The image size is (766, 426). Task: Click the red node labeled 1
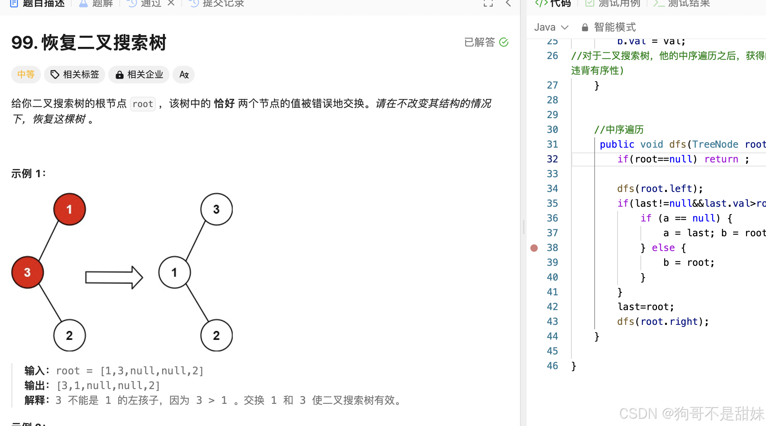coord(69,209)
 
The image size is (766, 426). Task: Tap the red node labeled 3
coord(27,272)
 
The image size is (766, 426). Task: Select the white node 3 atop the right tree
coord(216,209)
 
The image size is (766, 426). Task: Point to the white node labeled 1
coord(174,272)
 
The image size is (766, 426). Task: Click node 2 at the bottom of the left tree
coord(69,335)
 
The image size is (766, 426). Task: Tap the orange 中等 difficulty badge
coord(26,75)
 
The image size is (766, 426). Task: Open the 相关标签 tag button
coord(75,75)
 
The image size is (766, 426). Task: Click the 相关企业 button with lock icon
coord(139,75)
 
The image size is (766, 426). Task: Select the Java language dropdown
coord(551,27)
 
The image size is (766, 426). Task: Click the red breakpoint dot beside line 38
coord(534,248)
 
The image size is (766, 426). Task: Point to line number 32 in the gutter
coord(552,159)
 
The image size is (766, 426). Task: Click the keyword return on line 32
coord(721,159)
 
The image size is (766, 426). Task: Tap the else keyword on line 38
coord(663,248)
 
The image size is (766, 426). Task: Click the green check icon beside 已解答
coord(504,42)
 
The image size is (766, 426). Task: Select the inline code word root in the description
coord(143,104)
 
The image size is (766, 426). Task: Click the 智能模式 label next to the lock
coord(615,27)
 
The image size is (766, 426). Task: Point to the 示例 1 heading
coord(28,174)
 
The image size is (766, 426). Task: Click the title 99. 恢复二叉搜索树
coord(89,43)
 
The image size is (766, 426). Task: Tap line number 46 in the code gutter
coord(552,366)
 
